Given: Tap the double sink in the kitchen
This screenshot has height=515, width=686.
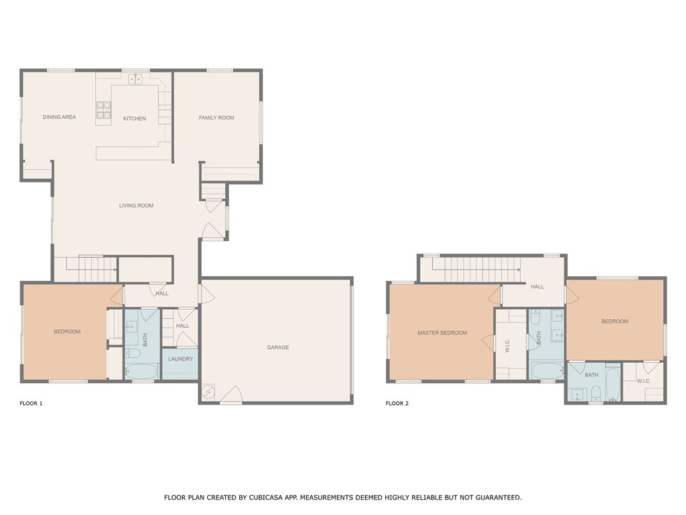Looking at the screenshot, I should pyautogui.click(x=135, y=79).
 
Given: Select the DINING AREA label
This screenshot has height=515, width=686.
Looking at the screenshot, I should pyautogui.click(x=59, y=117).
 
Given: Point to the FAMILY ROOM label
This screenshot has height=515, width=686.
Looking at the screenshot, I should pyautogui.click(x=216, y=118).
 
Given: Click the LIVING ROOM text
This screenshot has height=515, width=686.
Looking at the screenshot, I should pyautogui.click(x=136, y=206).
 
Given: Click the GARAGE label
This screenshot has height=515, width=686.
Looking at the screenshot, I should pyautogui.click(x=278, y=347).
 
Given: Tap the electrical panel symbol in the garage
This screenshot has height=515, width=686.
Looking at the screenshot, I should pyautogui.click(x=208, y=391).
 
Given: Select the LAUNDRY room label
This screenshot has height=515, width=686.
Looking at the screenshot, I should pyautogui.click(x=180, y=359).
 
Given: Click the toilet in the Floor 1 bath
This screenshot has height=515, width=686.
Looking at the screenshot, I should pyautogui.click(x=133, y=353).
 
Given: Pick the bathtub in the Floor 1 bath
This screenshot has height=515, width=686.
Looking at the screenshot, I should pyautogui.click(x=141, y=371).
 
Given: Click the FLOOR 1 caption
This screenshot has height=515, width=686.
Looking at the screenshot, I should pyautogui.click(x=31, y=404).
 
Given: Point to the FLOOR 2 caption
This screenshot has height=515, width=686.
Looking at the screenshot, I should pyautogui.click(x=397, y=404).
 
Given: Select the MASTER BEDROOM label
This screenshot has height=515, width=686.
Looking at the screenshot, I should pyautogui.click(x=442, y=333).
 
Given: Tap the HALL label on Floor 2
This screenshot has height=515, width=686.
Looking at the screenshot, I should pyautogui.click(x=537, y=286).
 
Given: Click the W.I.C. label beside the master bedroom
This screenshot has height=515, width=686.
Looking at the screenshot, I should pyautogui.click(x=507, y=345).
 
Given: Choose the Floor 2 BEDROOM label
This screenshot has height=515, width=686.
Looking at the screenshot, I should pyautogui.click(x=614, y=321).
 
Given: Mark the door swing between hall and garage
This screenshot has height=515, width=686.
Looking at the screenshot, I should pyautogui.click(x=204, y=293).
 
